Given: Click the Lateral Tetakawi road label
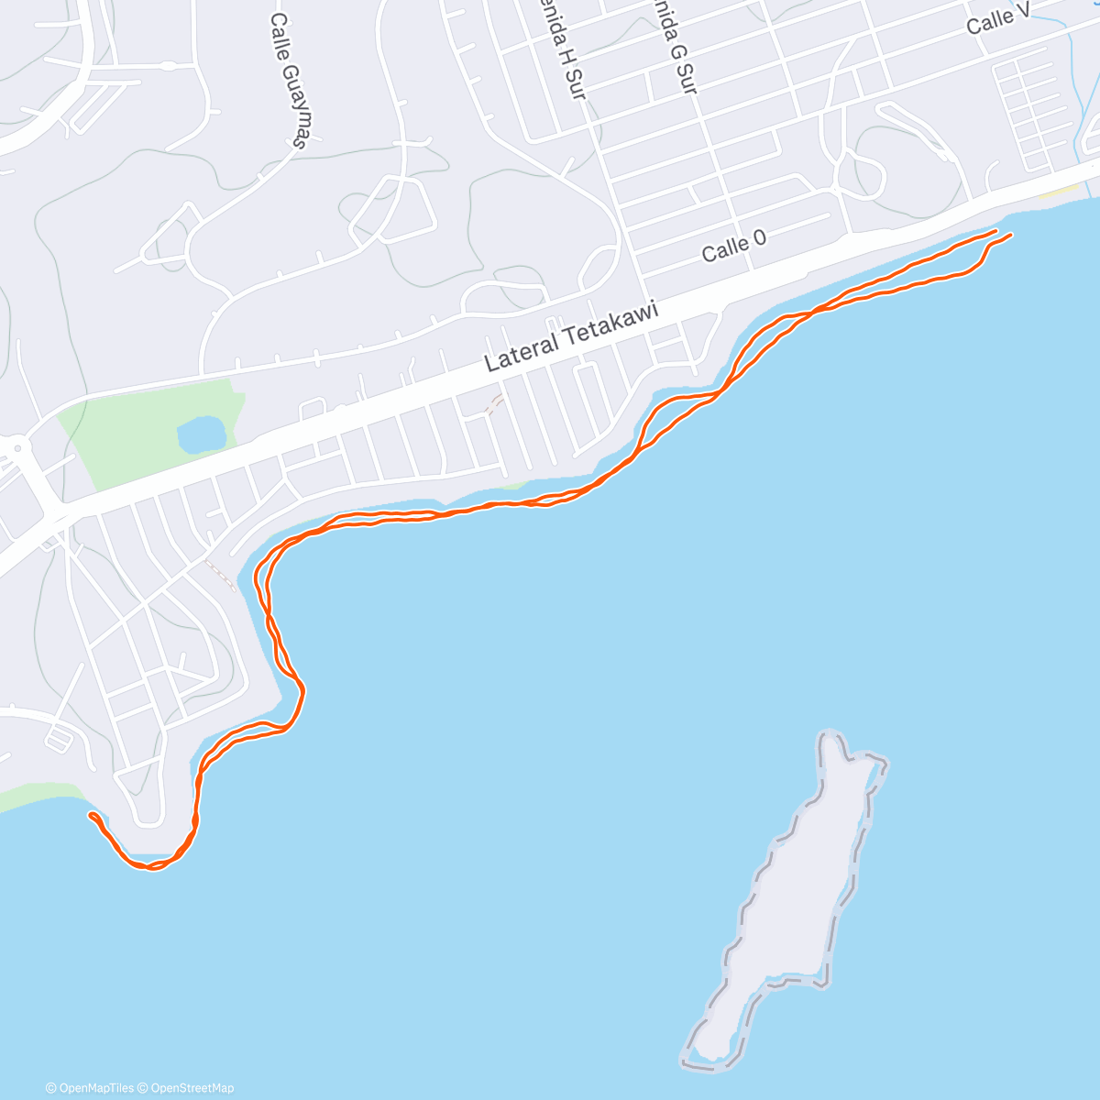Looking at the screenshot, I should pyautogui.click(x=571, y=338).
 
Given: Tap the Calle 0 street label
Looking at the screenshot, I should pyautogui.click(x=733, y=246).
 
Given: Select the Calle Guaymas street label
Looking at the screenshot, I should pyautogui.click(x=290, y=80).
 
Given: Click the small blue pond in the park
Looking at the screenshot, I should pyautogui.click(x=202, y=434).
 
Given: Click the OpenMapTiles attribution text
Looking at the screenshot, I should pyautogui.click(x=90, y=1088).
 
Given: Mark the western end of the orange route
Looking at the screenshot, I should pyautogui.click(x=90, y=814).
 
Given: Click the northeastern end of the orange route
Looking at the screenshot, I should pyautogui.click(x=1011, y=236).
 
